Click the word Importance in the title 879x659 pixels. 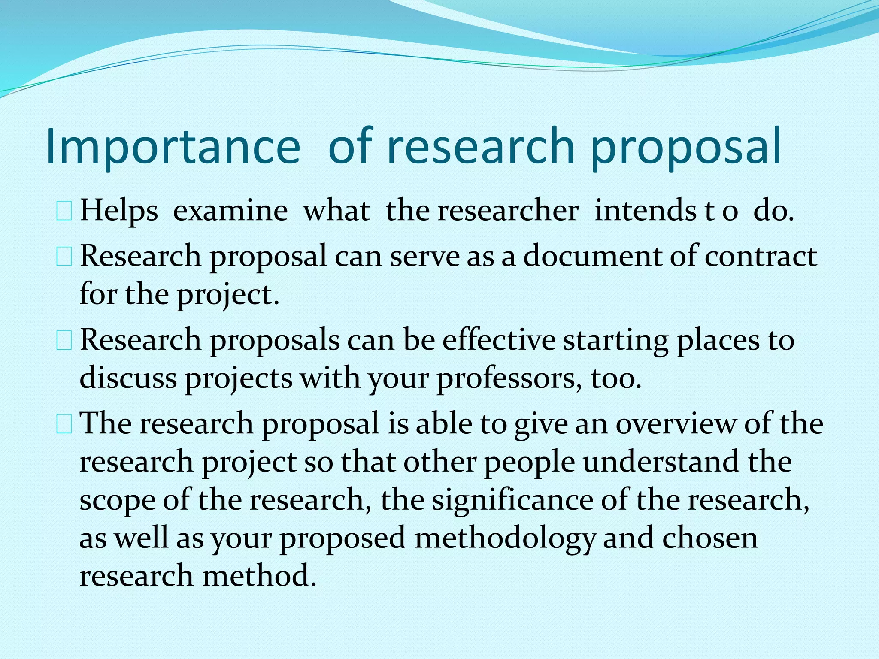point(173,147)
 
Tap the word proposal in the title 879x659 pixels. point(685,147)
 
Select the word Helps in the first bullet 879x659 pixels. point(119,211)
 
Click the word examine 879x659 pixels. point(230,211)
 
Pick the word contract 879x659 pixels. point(761,256)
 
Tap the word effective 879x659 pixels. point(499,340)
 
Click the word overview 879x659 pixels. point(676,423)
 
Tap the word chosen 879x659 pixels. point(710,538)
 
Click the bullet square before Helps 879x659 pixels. point(64,212)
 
